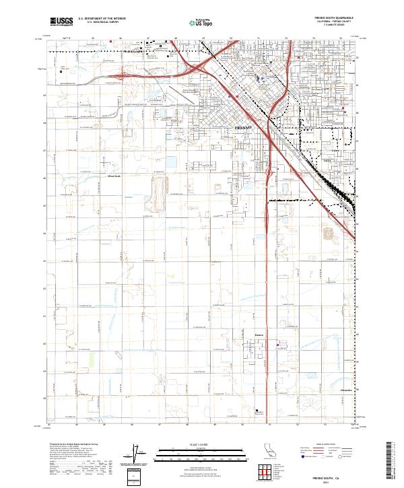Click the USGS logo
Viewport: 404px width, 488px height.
coord(60,22)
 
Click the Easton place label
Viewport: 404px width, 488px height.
coord(259,335)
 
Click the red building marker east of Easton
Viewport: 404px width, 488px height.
coord(277,345)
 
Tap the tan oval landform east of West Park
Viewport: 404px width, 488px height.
coord(160,193)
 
